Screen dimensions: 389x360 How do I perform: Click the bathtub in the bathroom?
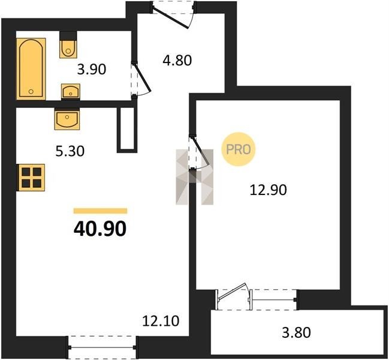point(31,69)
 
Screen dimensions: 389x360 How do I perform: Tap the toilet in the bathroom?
point(68,45)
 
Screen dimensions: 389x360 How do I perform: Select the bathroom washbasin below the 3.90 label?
point(71,92)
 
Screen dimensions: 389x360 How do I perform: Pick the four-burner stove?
point(31,178)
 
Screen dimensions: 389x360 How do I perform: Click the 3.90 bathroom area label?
point(92,69)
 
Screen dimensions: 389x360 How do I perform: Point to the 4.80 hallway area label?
point(177,61)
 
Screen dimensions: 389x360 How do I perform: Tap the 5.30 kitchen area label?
point(70,151)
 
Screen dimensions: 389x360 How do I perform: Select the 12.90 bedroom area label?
point(268,190)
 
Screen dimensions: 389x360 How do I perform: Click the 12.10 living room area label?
point(161,321)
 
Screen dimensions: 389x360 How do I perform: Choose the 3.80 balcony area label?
point(296,332)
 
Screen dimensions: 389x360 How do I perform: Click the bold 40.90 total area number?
point(100,229)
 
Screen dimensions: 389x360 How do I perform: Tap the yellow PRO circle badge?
point(239,149)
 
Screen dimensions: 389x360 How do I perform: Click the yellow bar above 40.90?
point(101,211)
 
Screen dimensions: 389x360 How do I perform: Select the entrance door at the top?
point(174,14)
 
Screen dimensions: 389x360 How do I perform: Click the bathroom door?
point(141,79)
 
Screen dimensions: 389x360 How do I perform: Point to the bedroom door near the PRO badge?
point(199,152)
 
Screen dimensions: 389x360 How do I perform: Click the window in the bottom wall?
point(102,347)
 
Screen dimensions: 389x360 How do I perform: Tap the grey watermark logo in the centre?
point(194,177)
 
